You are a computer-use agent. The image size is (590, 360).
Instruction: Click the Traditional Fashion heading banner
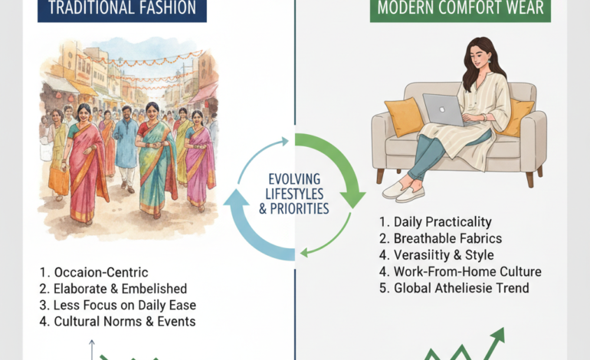[122, 9]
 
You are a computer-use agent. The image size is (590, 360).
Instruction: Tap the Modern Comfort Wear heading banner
[460, 9]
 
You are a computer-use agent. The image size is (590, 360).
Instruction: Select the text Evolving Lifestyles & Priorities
[295, 195]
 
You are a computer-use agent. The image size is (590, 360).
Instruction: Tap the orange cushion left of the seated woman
[403, 116]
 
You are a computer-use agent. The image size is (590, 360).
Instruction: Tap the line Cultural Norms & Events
[117, 322]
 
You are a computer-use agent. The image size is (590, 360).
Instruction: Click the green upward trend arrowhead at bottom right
[499, 334]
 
